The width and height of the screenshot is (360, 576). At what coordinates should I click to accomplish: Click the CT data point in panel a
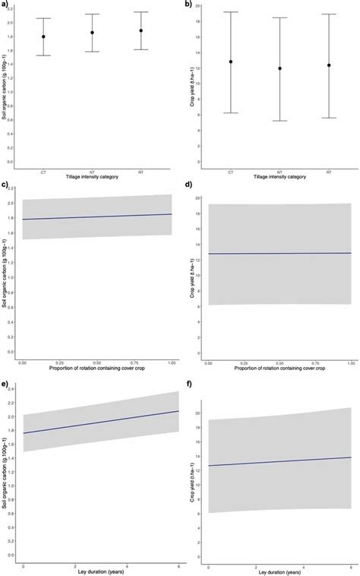coord(44,36)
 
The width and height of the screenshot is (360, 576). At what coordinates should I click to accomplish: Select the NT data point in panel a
coord(93,32)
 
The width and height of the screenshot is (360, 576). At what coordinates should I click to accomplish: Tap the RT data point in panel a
coord(141,30)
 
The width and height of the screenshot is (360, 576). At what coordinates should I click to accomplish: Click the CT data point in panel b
coord(231,62)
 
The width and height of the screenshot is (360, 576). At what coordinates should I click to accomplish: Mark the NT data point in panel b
coord(279,68)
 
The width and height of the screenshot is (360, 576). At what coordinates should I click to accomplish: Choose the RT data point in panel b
coord(329,65)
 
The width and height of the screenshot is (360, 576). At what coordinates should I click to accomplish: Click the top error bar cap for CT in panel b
coord(231,12)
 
